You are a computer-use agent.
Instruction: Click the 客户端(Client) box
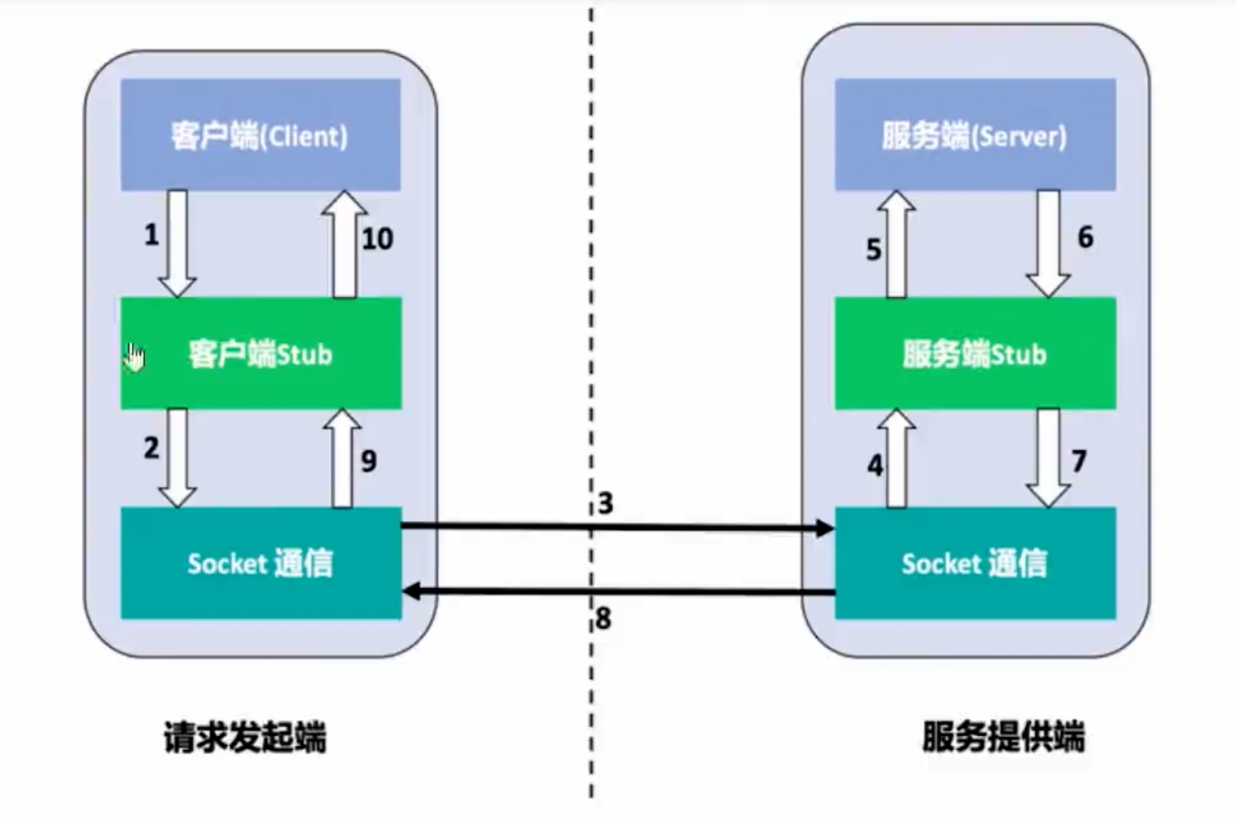[261, 134]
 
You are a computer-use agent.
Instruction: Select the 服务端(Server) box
[975, 134]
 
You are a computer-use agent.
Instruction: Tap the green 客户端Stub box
[261, 353]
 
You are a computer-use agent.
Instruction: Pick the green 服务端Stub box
[975, 353]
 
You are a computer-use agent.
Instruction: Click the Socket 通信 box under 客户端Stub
[261, 563]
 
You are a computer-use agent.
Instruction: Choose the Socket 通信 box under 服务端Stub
[975, 563]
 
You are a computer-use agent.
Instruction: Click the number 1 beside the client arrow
[151, 235]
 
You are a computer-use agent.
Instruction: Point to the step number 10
[377, 239]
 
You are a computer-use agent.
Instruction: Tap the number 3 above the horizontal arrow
[605, 503]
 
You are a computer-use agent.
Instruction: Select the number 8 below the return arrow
[603, 619]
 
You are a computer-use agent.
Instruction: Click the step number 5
[874, 249]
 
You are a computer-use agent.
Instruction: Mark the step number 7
[1079, 462]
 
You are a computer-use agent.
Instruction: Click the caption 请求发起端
[245, 737]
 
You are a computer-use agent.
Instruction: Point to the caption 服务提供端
[1003, 737]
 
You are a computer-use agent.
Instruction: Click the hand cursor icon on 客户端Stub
[134, 356]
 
